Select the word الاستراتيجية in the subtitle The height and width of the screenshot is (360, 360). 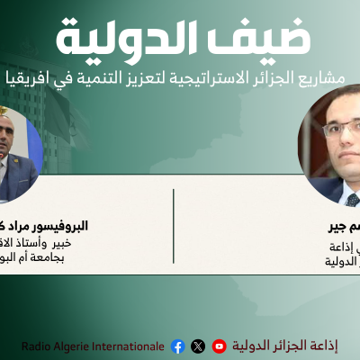[182, 79]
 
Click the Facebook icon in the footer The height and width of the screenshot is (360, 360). [177, 346]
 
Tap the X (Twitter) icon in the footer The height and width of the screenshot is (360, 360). [198, 346]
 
